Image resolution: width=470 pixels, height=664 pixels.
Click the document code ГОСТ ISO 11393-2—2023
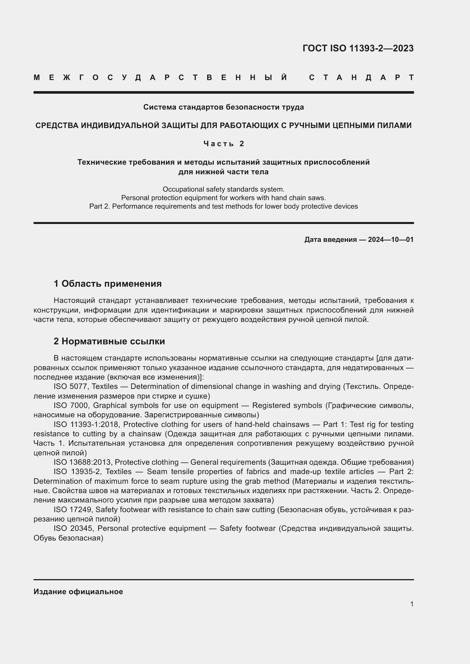coord(358,48)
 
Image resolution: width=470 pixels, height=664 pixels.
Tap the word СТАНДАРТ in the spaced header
coord(361,77)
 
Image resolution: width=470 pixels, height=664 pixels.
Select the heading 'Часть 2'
coord(224,143)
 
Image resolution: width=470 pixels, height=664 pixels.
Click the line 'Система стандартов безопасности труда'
coord(223,107)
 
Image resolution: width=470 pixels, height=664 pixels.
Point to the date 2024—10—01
coord(391,240)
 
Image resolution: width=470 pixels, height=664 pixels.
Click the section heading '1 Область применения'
coord(108,284)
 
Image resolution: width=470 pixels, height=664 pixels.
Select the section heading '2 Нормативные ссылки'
coord(109,341)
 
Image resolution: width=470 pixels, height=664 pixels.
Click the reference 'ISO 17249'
coord(73,510)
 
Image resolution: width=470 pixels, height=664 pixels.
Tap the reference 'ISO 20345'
coord(73,528)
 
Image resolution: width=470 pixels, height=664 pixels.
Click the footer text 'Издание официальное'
coord(78,592)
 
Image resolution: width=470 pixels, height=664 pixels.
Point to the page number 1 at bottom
coord(412,604)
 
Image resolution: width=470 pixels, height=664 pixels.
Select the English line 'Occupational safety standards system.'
coord(223,189)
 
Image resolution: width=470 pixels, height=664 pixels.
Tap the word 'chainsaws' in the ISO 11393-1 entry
coord(293,424)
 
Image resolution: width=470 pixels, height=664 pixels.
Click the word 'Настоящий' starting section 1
coord(74,301)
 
